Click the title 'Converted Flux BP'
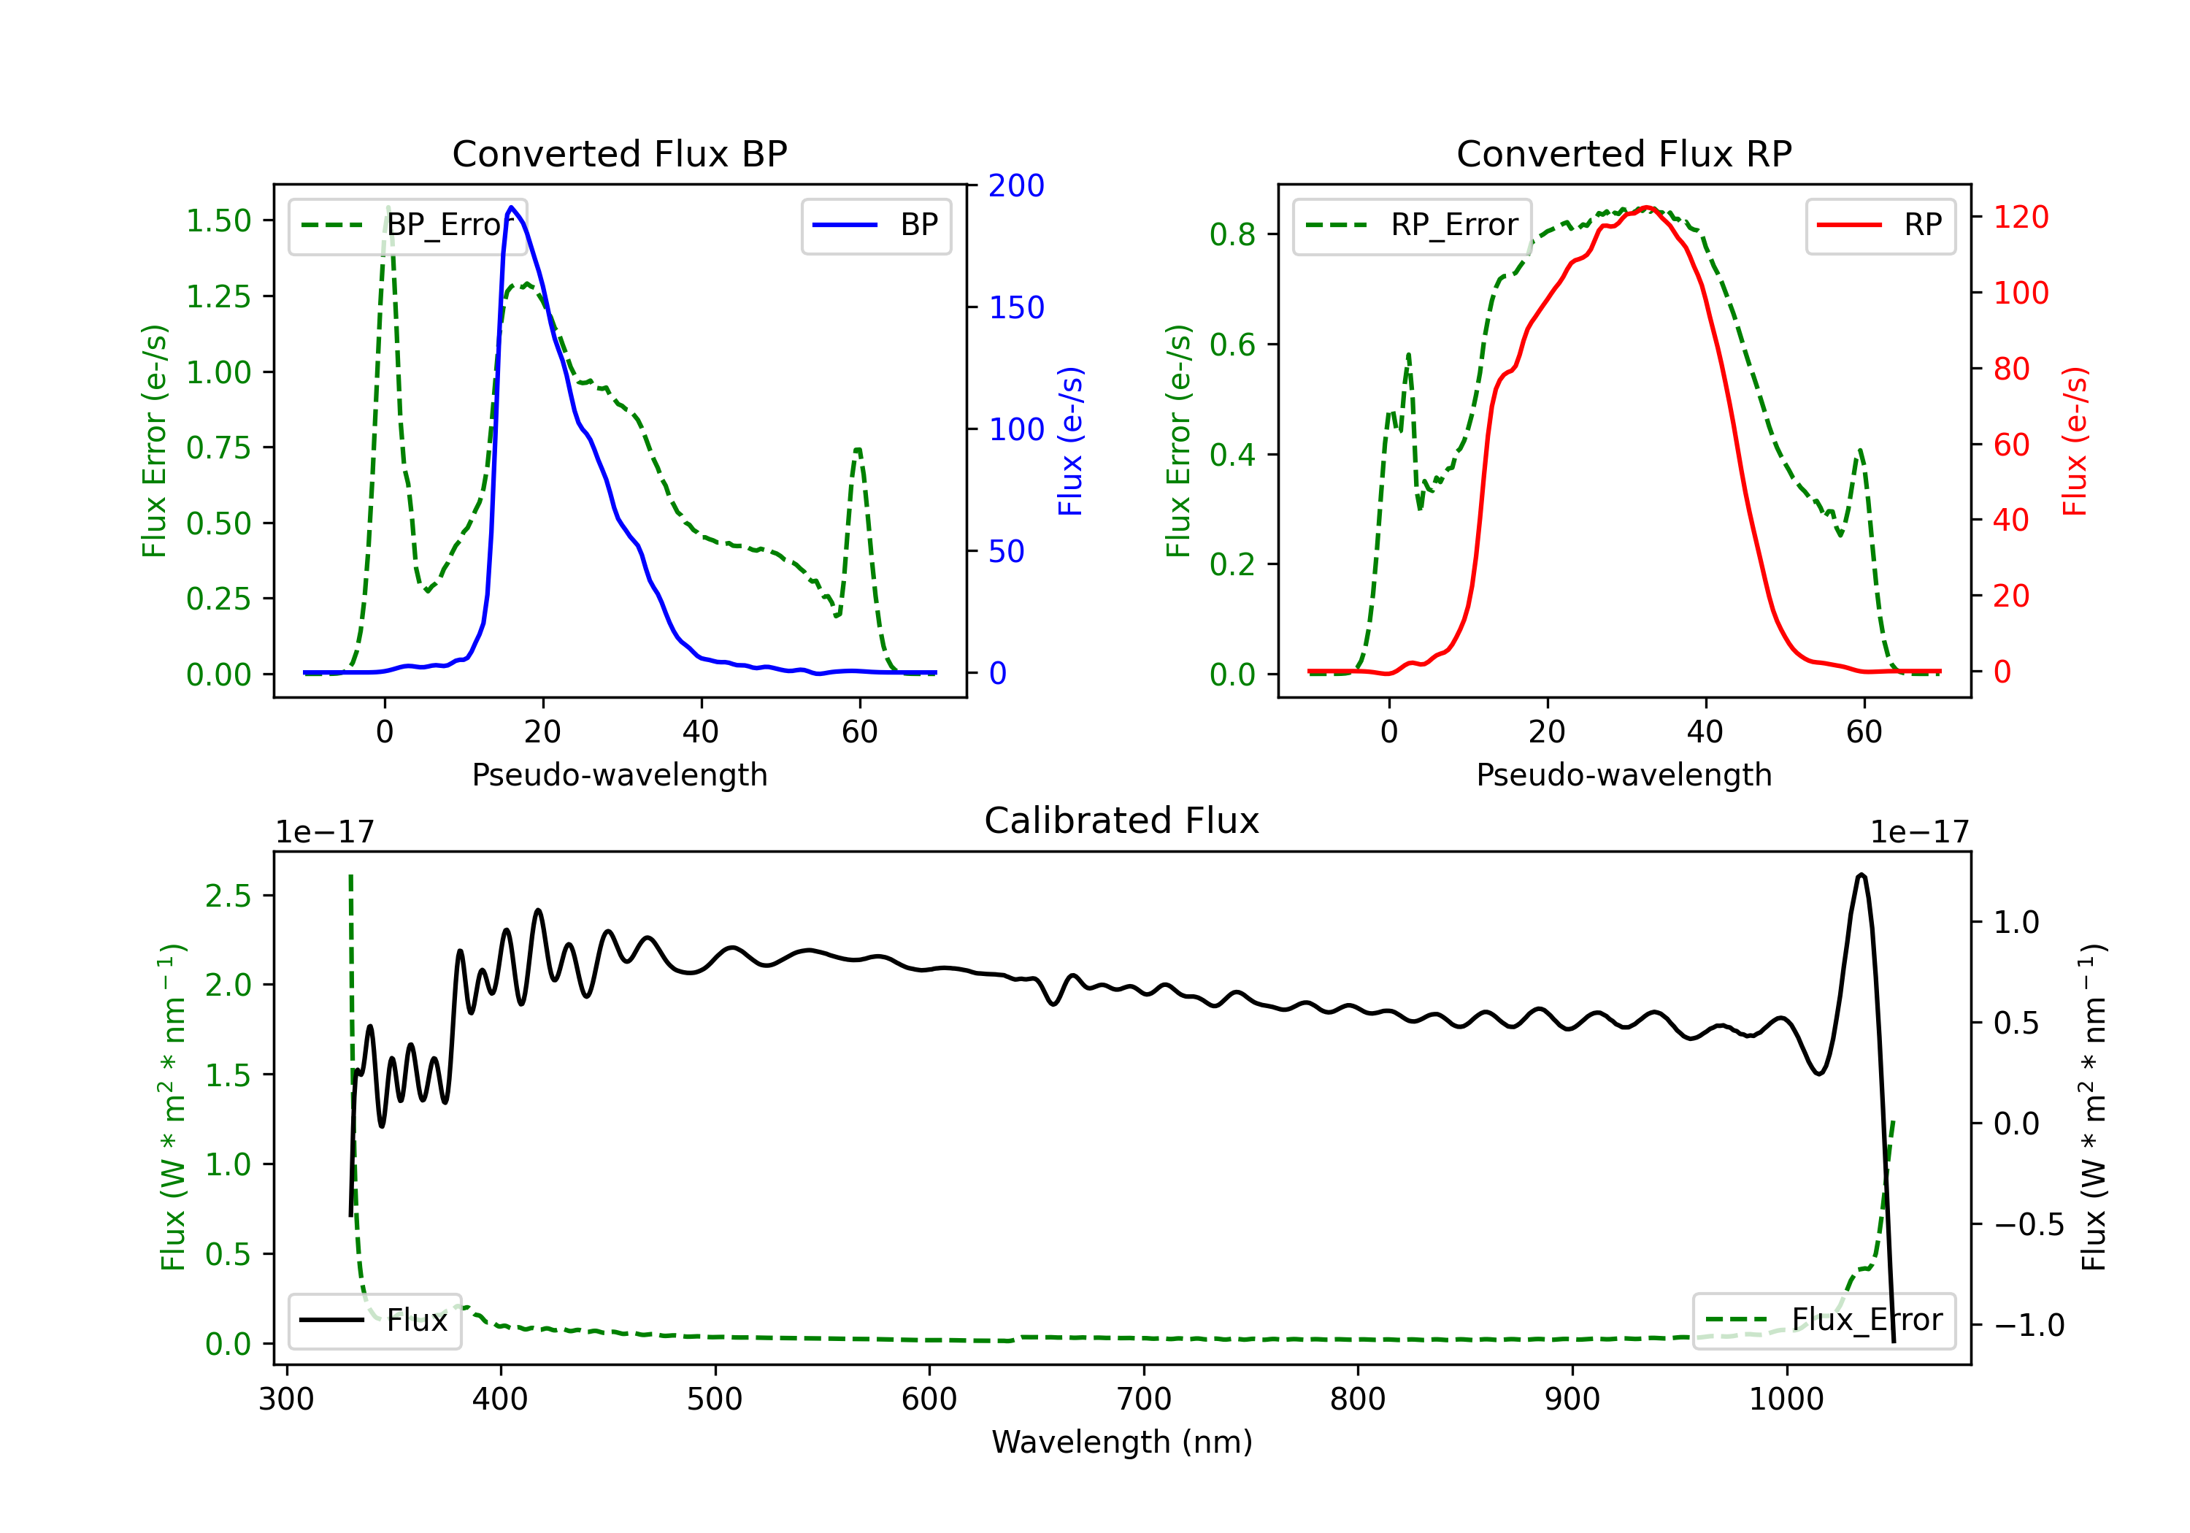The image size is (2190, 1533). point(619,153)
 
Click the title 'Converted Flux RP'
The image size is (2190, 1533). point(1624,153)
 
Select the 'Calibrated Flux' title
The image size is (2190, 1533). point(1122,821)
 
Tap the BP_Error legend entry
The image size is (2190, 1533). point(408,225)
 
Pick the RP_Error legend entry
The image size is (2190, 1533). point(1413,225)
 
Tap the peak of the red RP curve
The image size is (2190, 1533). point(1646,208)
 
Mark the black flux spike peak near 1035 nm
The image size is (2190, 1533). point(1861,875)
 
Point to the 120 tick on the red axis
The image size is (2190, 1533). point(2020,217)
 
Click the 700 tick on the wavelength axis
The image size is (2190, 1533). point(1144,1399)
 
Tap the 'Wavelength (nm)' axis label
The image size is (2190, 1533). point(1122,1442)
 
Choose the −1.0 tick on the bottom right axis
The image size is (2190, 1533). point(2029,1325)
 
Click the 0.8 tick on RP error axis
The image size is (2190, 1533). point(1232,234)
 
